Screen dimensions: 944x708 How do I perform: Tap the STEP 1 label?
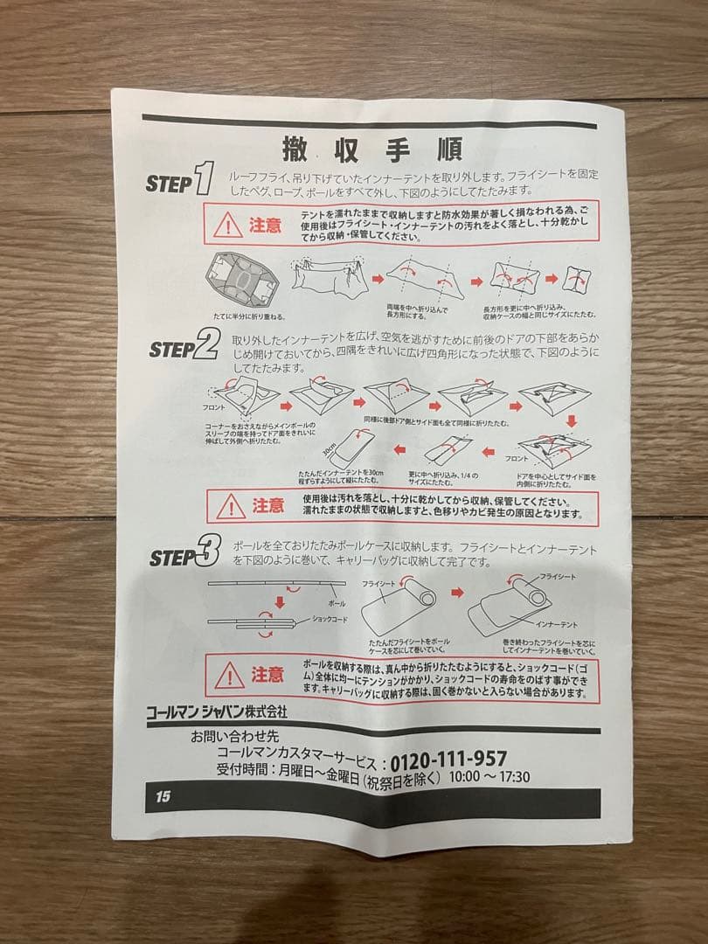[180, 181]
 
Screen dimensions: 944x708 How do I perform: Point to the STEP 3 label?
[184, 556]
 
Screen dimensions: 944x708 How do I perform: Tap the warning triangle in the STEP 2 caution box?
[231, 506]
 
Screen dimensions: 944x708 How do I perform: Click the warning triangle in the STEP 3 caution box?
[229, 674]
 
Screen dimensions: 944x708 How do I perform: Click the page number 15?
[163, 796]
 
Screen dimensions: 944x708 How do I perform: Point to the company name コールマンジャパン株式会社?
[217, 713]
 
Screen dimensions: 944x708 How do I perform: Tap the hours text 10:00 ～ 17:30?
[489, 776]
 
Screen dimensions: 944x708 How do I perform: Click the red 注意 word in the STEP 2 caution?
[267, 505]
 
